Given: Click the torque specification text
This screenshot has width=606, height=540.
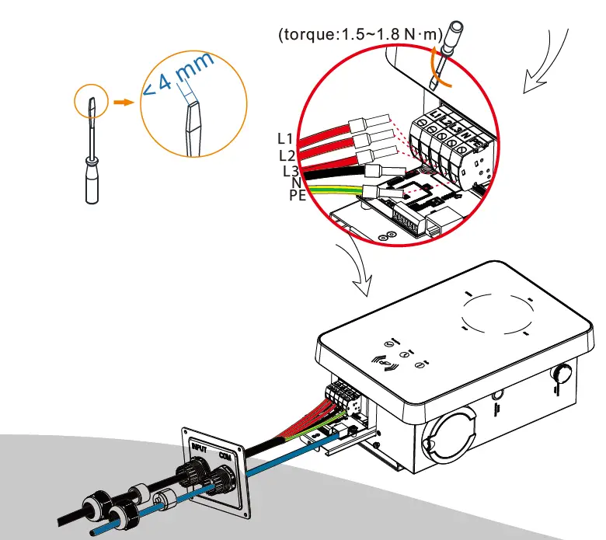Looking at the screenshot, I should pos(360,35).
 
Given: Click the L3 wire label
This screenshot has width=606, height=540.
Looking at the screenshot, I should pos(290,171).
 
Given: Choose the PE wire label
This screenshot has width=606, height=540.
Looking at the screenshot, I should pos(297,196).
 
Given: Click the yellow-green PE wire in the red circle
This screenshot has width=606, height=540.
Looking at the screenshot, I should pos(334,190).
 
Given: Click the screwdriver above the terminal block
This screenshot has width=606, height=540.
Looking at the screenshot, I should pos(442,58).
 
